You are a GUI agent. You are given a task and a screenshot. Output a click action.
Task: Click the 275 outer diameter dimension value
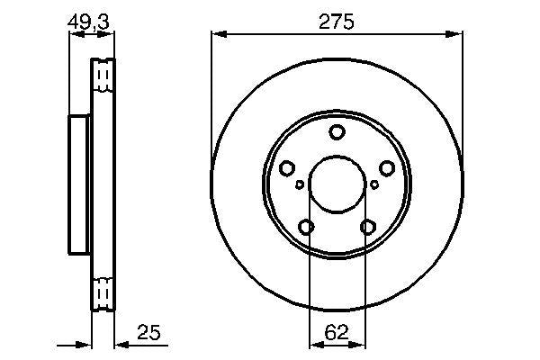click(x=335, y=22)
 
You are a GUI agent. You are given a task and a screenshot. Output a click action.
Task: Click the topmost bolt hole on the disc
click(x=337, y=133)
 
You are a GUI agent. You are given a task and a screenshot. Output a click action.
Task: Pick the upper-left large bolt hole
click(x=287, y=168)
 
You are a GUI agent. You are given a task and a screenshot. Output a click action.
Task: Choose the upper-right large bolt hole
click(x=386, y=168)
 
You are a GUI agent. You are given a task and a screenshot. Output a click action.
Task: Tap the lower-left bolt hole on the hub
click(x=306, y=227)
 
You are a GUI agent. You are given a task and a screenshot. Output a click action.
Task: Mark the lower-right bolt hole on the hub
click(x=367, y=227)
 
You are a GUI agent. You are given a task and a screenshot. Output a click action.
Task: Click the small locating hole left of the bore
click(x=299, y=184)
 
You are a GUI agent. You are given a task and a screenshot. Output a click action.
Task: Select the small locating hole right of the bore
click(x=374, y=184)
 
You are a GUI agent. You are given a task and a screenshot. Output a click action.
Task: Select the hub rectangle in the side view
click(x=81, y=184)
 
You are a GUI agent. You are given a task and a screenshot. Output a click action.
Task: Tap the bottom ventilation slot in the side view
click(x=103, y=293)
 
